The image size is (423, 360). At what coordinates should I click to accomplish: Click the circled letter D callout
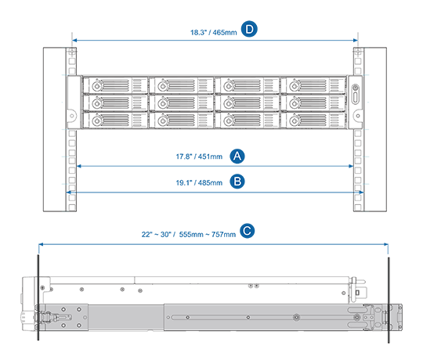[249, 29]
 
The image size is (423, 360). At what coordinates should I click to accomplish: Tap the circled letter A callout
[237, 156]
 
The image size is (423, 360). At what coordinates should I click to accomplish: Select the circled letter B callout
[237, 182]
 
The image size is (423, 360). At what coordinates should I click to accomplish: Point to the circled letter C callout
[247, 231]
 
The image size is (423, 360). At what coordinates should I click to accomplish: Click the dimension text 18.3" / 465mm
[213, 33]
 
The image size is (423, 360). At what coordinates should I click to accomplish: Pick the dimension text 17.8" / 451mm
[199, 157]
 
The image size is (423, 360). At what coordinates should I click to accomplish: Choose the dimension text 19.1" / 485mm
[199, 182]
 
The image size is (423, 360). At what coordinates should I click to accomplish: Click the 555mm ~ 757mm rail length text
[207, 235]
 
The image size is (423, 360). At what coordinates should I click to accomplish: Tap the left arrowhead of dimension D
[74, 41]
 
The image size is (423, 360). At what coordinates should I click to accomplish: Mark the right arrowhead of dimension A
[351, 166]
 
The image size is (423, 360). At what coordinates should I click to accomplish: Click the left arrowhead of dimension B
[69, 192]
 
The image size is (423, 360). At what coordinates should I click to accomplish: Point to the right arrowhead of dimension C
[385, 244]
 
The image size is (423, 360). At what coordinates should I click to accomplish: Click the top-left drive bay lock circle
[97, 86]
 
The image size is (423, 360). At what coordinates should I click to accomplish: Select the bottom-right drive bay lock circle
[295, 121]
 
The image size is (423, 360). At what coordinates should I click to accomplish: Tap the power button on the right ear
[356, 88]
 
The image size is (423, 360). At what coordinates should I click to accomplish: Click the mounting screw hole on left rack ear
[72, 116]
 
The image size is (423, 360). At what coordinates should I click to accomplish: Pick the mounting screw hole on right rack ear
[358, 116]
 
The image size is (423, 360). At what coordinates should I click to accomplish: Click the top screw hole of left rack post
[72, 51]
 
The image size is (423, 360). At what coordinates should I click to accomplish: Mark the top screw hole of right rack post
[358, 51]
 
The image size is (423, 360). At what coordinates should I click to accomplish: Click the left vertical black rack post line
[38, 297]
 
